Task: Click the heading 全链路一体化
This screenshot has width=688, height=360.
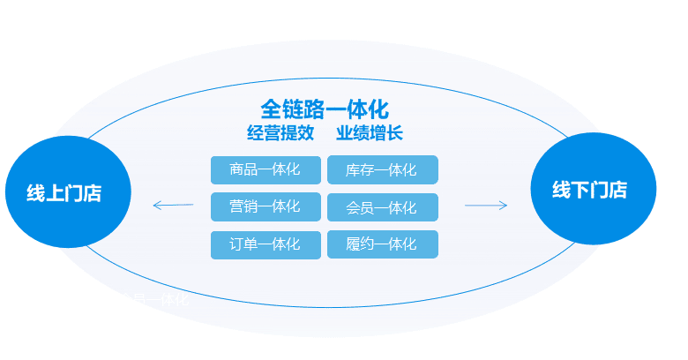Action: pos(325,109)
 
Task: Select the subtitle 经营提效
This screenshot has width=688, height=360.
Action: pos(280,134)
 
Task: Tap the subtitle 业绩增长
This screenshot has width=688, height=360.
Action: pos(369,134)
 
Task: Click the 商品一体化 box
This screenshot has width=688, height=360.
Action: pos(265,169)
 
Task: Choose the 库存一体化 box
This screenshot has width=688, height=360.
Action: pos(382,169)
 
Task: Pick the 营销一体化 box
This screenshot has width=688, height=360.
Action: pos(265,206)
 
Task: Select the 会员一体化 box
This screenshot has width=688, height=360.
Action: pos(382,207)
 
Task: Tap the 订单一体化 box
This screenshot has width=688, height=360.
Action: pos(265,244)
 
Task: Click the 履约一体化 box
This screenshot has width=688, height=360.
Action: pos(382,244)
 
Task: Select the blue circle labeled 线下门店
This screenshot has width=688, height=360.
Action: pos(593,189)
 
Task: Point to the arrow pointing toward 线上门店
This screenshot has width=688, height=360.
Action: pos(172,206)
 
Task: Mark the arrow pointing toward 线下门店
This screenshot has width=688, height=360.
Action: pos(486,206)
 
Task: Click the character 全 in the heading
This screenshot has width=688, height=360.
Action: pos(271,109)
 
